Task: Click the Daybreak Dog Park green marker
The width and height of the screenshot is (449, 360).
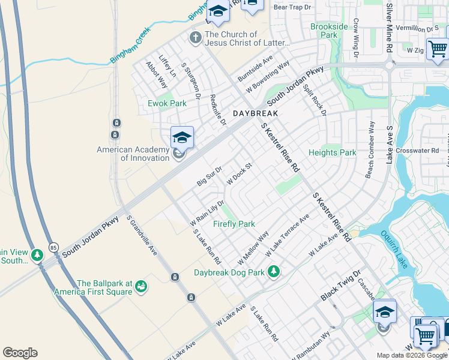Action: point(274,271)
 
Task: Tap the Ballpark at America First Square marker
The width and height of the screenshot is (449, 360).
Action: point(141,286)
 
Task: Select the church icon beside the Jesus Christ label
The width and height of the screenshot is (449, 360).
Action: point(195,38)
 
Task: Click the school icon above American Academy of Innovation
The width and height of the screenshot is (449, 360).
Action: point(182,138)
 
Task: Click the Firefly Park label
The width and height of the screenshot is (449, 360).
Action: point(234,224)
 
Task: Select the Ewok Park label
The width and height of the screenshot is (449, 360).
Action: point(167,103)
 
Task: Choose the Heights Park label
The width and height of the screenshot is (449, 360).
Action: point(332,152)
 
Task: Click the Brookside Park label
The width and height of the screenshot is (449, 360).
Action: point(329,31)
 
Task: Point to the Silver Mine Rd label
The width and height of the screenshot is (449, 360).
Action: point(389,27)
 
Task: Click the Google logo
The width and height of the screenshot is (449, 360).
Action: point(20,353)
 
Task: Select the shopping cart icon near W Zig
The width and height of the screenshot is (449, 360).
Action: point(437,49)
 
